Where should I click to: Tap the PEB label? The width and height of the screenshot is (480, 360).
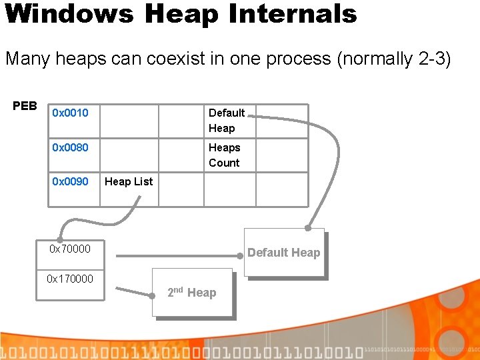coord(25,106)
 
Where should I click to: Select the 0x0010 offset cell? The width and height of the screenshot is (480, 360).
coord(70,113)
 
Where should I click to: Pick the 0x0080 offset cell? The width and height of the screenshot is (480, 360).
coord(70,147)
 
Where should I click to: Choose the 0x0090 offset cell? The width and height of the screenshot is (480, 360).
coord(70,181)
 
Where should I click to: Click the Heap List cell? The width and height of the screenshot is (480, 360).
coord(129,181)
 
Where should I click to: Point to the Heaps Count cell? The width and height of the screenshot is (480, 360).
coord(224,155)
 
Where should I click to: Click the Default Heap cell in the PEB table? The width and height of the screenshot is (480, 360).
coord(227,120)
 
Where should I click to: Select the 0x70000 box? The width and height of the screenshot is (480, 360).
coord(70,249)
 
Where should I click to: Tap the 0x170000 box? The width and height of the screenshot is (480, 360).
coord(70,279)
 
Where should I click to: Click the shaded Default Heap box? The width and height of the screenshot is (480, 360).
coord(284,253)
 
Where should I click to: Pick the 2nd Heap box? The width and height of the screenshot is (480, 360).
coord(193,292)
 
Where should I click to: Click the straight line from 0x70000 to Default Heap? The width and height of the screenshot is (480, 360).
coord(180,254)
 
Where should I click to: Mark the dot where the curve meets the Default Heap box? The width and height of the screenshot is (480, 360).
coord(307,228)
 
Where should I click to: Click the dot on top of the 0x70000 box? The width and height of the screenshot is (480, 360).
coord(60,239)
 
